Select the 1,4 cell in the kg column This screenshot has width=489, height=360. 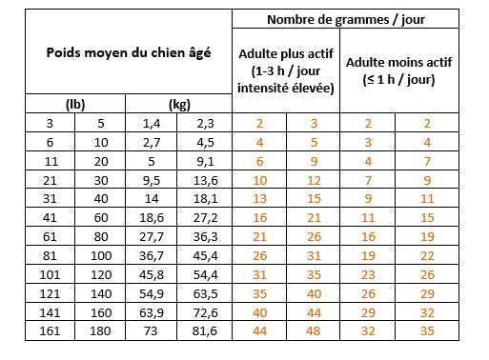152,123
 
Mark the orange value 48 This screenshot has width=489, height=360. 314,330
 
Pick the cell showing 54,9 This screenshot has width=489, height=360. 152,292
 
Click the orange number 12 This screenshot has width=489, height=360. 314,179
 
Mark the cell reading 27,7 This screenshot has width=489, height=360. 152,236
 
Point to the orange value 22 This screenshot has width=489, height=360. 426,254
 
